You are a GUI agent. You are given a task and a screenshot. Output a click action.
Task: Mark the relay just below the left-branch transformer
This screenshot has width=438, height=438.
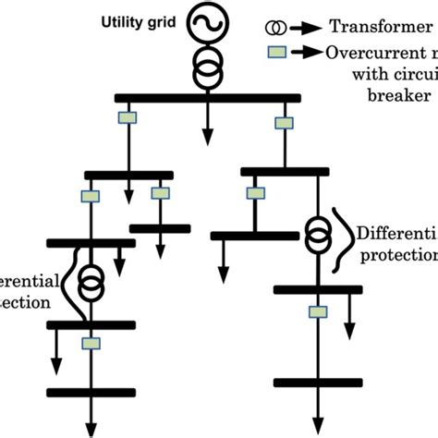pos(91,344)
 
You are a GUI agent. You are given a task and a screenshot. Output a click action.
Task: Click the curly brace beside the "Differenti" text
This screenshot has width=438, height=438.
pos(338,236)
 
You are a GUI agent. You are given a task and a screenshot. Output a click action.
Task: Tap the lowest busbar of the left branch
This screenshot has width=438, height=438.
pos(91,392)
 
